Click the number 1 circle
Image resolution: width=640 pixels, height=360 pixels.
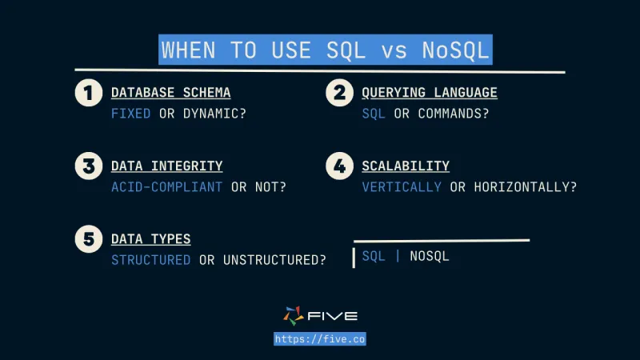(x=89, y=93)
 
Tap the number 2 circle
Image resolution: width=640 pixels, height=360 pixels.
(x=339, y=93)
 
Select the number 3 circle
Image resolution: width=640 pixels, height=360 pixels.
(x=89, y=166)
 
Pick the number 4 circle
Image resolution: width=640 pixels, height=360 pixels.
(x=339, y=166)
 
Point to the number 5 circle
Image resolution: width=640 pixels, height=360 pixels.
(x=89, y=239)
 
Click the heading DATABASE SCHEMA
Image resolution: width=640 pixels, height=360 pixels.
(x=170, y=93)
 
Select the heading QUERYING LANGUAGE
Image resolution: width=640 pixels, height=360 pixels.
(x=429, y=93)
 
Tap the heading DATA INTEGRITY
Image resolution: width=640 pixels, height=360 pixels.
(x=166, y=166)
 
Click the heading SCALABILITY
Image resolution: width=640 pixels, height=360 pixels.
(x=405, y=166)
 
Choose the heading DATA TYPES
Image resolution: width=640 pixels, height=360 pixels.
(x=150, y=239)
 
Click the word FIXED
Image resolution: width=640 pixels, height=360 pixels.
(x=130, y=114)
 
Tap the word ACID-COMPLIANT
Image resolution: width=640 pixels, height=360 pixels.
(x=166, y=187)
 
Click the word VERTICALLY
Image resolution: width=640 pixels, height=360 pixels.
(x=401, y=187)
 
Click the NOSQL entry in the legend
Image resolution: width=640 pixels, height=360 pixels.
(x=430, y=257)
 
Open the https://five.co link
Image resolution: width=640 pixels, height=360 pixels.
(x=319, y=339)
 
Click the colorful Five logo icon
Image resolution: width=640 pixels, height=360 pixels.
(x=294, y=316)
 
